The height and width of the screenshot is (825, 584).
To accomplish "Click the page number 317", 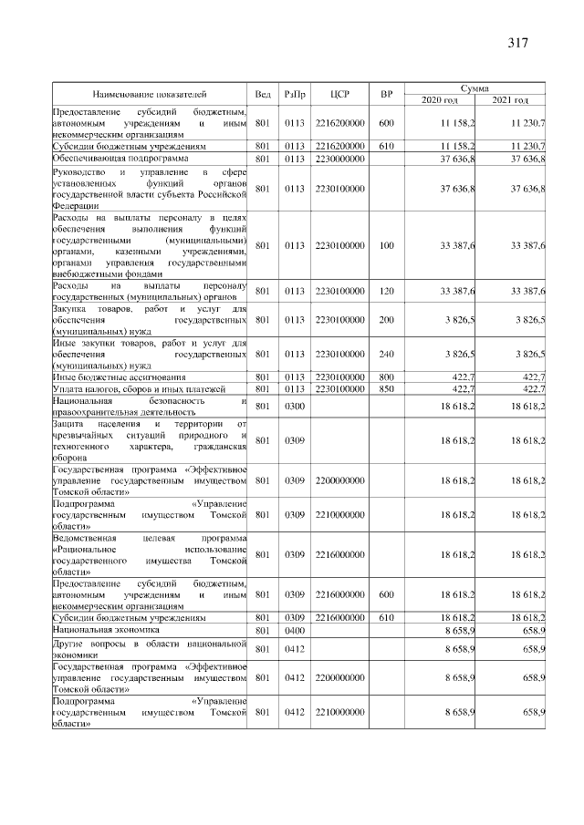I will [x=517, y=43].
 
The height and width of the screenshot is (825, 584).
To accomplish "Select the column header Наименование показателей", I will [x=149, y=94].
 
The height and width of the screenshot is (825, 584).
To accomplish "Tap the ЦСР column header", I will [x=340, y=94].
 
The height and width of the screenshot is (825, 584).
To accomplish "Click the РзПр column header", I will [x=295, y=94].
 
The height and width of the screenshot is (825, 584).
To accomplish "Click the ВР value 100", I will [x=386, y=245].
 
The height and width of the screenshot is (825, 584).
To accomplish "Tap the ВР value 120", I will [x=386, y=291].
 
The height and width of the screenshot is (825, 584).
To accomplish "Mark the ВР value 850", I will [x=386, y=388].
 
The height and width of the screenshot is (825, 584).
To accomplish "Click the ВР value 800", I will [x=386, y=376].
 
